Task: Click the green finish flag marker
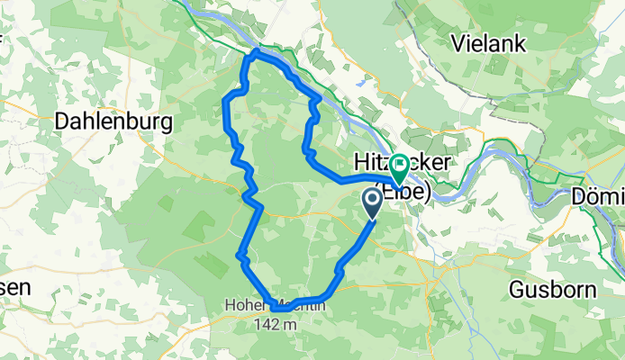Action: point(400,165)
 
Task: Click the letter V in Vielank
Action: point(457,42)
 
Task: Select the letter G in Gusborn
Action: point(517,290)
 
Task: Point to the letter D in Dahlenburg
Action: point(62,121)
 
